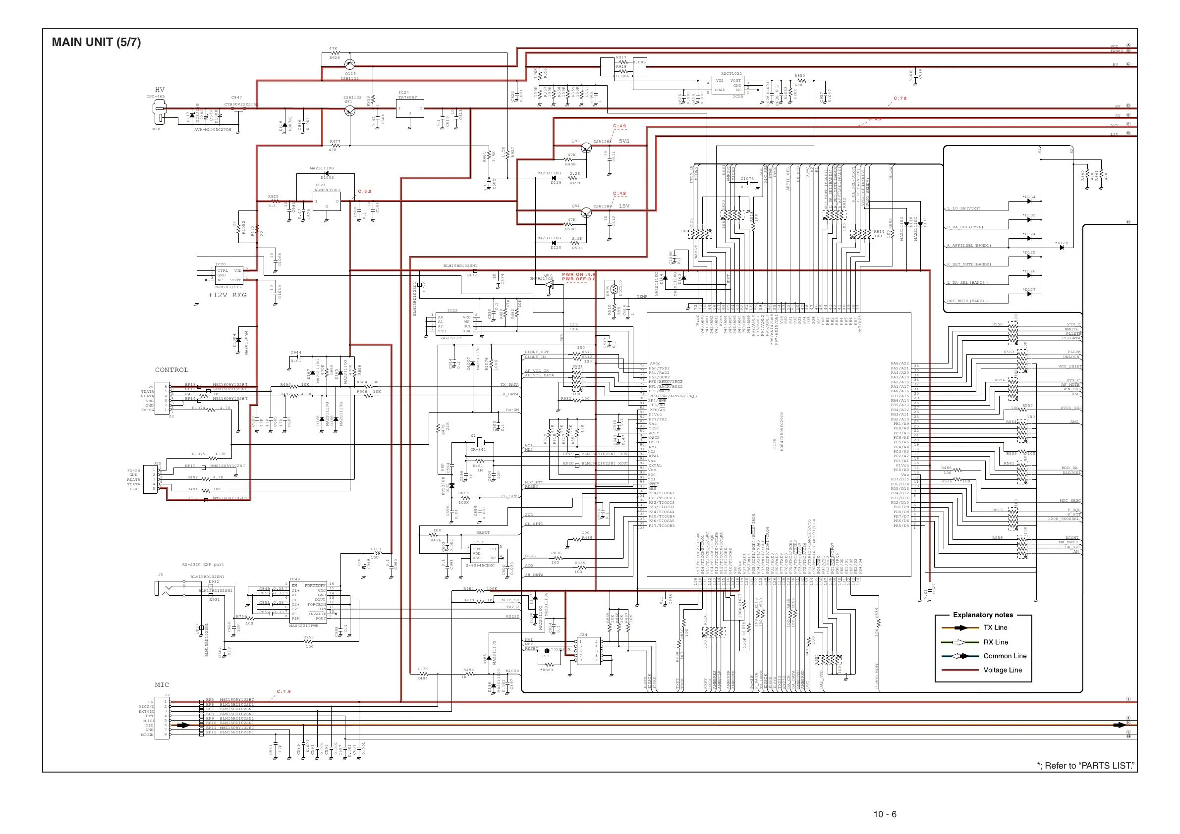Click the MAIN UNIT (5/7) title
point(96,42)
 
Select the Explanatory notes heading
point(983,615)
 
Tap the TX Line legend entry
point(995,627)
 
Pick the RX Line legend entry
point(996,642)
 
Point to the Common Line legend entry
point(1005,656)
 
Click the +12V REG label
point(227,295)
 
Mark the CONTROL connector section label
point(171,370)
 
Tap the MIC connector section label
point(162,684)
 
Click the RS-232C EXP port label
point(203,565)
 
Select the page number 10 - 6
point(885,814)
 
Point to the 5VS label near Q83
point(624,141)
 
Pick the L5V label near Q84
point(624,206)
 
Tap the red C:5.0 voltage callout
point(364,191)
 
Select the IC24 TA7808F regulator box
point(410,109)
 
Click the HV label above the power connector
point(160,89)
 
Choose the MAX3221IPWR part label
point(303,625)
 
